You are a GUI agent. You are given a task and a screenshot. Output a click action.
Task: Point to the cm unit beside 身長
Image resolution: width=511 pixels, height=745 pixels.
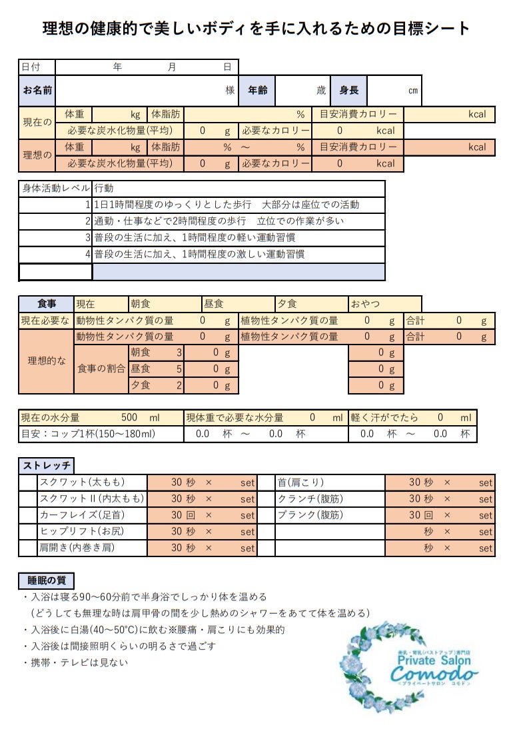coord(413,91)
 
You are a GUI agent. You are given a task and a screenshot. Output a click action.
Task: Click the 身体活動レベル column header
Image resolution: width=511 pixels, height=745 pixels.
coord(55,189)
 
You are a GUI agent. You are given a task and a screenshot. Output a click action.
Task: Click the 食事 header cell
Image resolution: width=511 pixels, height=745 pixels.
coord(47,304)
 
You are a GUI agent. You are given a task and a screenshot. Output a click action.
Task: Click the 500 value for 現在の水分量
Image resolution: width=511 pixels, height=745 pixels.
coord(129,418)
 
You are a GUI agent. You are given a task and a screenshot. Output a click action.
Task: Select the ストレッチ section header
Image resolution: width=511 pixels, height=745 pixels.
coord(46,466)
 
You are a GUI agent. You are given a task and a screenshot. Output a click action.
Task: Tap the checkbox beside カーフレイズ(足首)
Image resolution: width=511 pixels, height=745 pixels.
coord(28,515)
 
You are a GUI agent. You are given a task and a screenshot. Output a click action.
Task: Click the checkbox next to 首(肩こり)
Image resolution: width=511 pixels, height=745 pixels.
coord(266,482)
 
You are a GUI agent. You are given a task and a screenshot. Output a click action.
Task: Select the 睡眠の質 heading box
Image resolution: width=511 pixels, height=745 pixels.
coord(46,580)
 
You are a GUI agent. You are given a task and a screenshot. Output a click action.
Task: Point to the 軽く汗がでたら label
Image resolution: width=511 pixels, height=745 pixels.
coord(384,418)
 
